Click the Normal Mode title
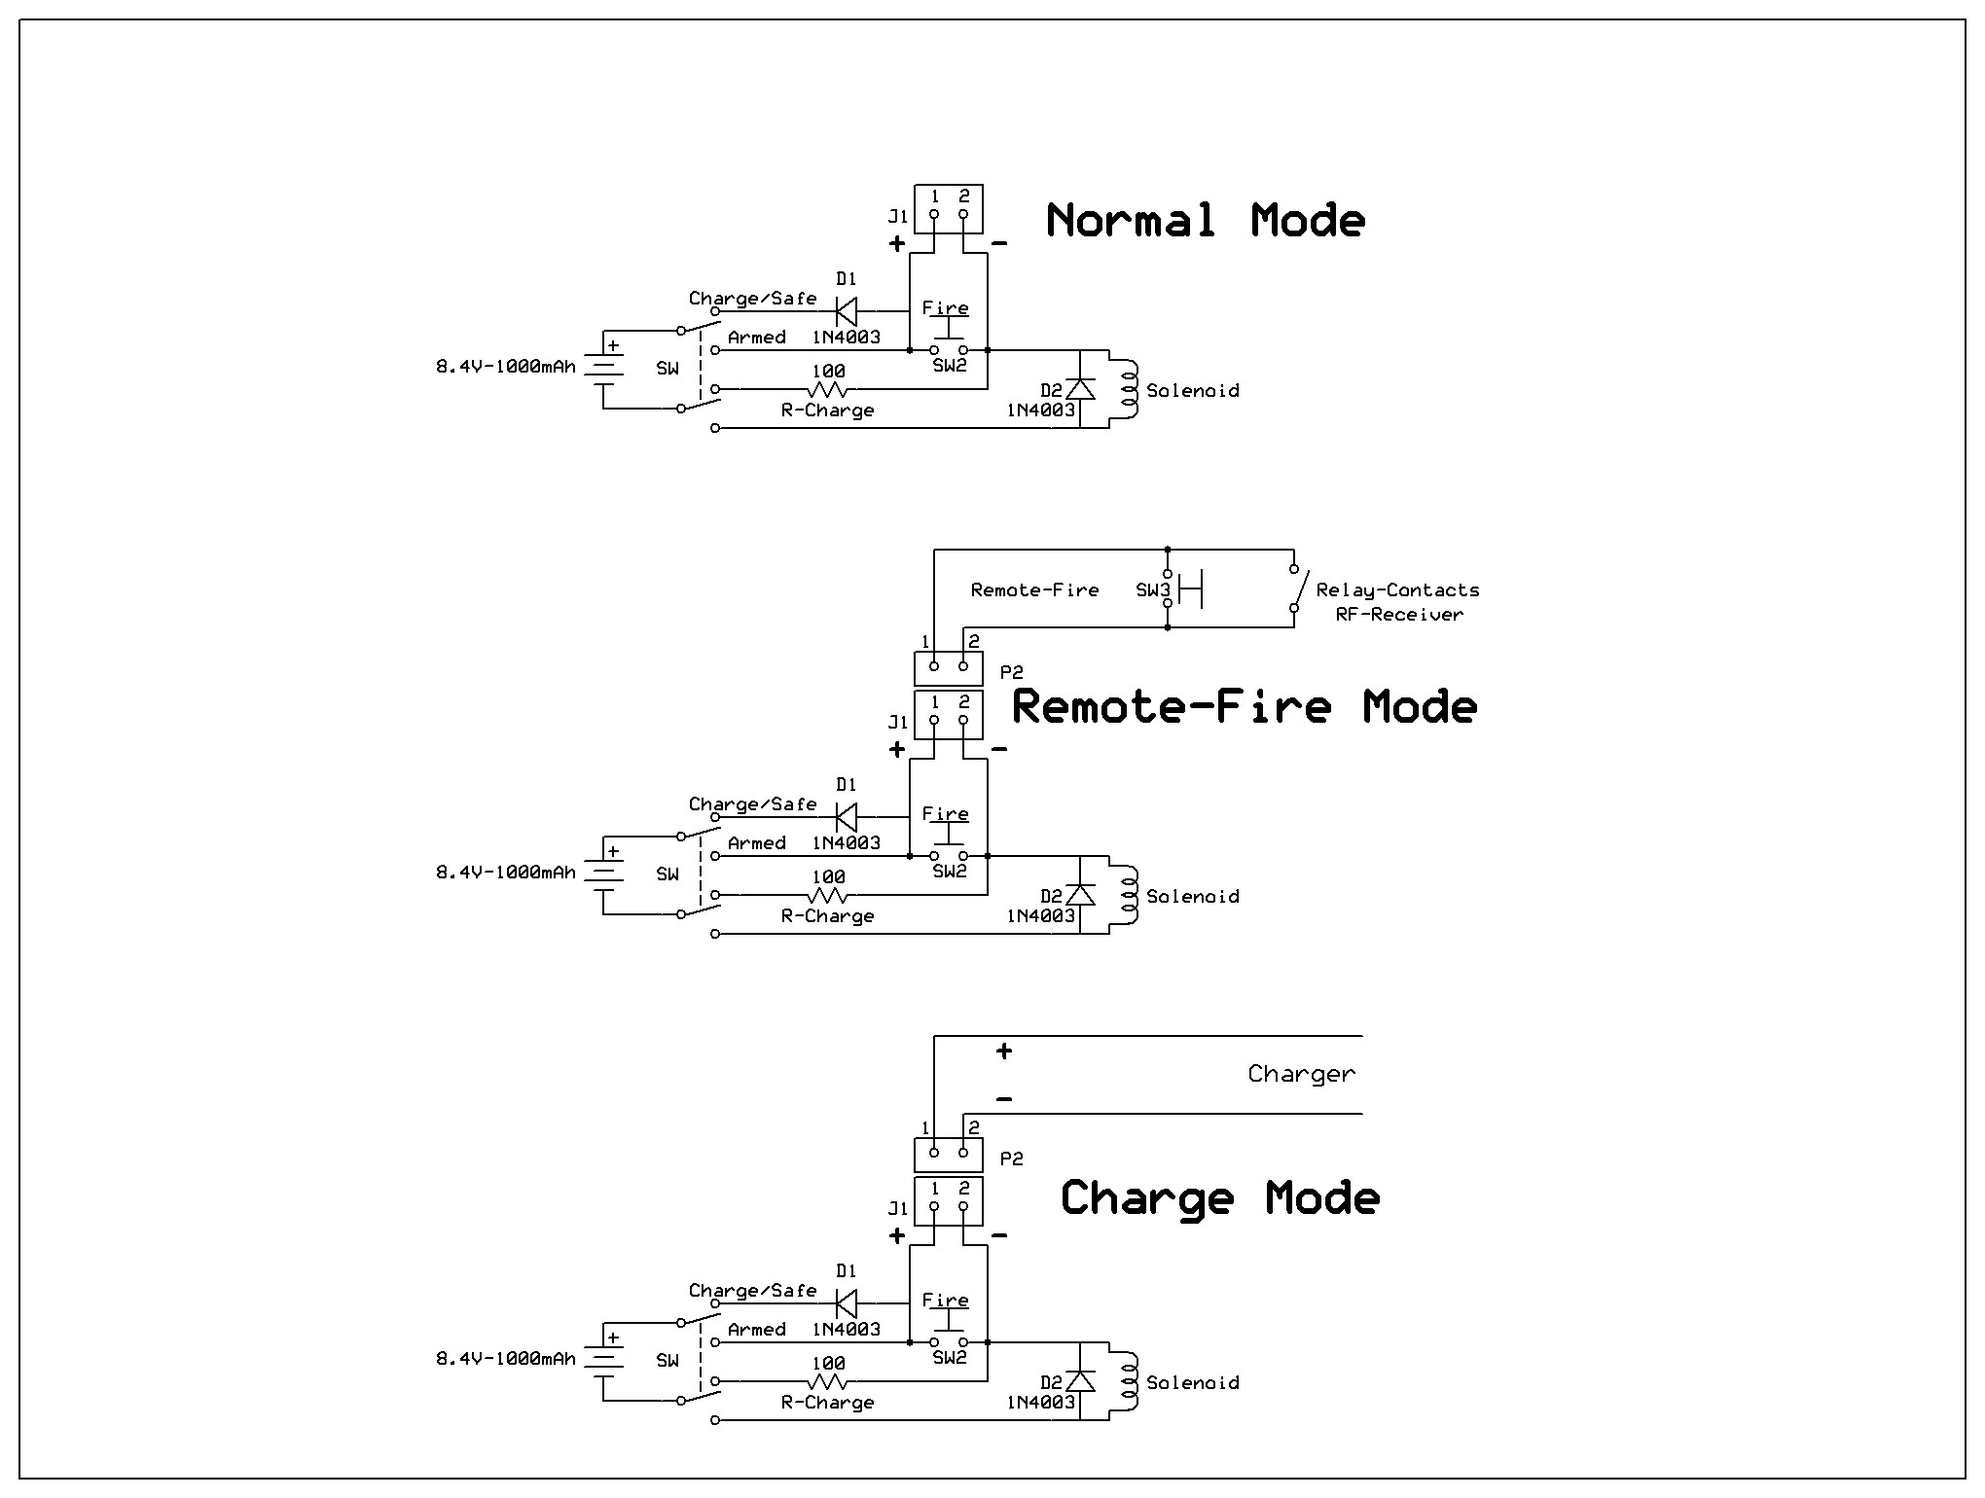[x=1205, y=221]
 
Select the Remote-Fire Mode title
[x=1244, y=707]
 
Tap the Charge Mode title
[x=1219, y=1197]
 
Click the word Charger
[x=1301, y=1074]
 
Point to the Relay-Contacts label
[x=1397, y=589]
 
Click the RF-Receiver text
[x=1399, y=614]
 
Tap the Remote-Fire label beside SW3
[x=1034, y=589]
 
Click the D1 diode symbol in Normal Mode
[x=847, y=311]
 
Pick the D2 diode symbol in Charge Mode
[x=1080, y=1380]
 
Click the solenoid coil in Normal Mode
[x=1129, y=389]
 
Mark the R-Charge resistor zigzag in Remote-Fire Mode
[x=828, y=895]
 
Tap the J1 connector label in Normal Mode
[x=897, y=216]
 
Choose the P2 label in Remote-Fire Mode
[x=1012, y=672]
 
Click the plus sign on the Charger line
[x=1004, y=1051]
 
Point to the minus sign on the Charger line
[x=1004, y=1100]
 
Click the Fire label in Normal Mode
[x=945, y=307]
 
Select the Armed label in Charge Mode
[x=756, y=1329]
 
